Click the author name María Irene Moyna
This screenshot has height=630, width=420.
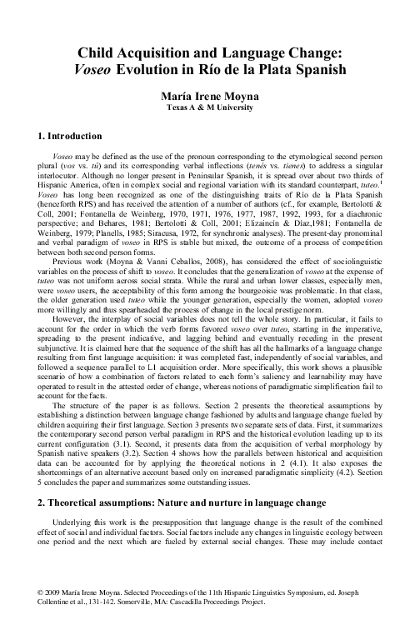coord(209,96)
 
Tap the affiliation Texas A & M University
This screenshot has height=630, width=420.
coord(209,108)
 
